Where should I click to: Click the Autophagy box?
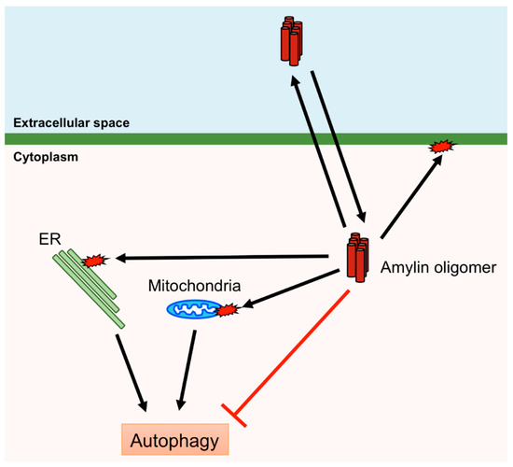[173, 437]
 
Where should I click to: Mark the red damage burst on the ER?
[95, 261]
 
